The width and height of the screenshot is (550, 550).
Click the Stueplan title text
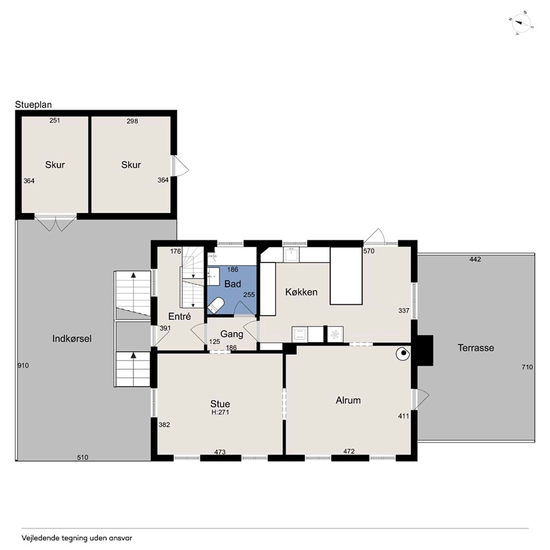tap(33, 105)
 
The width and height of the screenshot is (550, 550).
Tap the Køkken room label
tap(301, 292)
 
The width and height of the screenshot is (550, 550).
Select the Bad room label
tap(232, 284)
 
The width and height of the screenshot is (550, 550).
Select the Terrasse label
tap(476, 348)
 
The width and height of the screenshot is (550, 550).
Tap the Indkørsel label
tap(72, 338)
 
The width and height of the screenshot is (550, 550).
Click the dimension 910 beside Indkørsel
tap(23, 366)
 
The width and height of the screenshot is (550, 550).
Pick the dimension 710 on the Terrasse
tap(527, 367)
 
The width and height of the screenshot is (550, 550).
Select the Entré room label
tap(179, 316)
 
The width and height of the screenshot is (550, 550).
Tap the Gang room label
tap(232, 334)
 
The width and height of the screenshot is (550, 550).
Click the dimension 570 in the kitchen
tap(369, 251)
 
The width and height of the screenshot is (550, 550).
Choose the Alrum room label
tap(348, 400)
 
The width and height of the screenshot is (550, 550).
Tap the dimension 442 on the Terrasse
tap(475, 259)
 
